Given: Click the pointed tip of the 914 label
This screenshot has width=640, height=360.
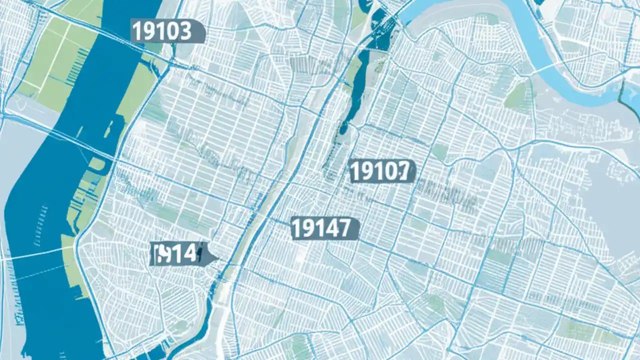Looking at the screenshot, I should pos(216,257).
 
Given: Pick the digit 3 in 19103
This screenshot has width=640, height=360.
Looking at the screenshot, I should pos(185,31).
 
